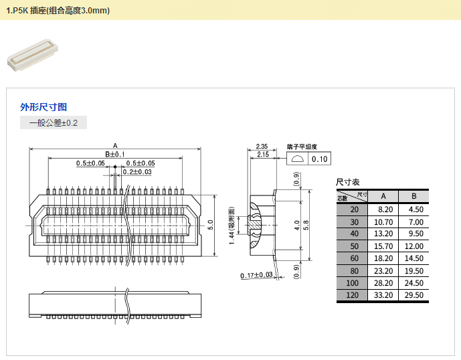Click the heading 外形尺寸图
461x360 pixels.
pyautogui.click(x=43, y=106)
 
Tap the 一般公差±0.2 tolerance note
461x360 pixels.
pyautogui.click(x=54, y=123)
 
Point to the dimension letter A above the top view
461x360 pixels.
pyautogui.click(x=115, y=145)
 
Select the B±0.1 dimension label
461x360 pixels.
pyautogui.click(x=115, y=155)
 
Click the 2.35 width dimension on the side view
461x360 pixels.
pyautogui.click(x=262, y=146)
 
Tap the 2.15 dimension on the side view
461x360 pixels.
pyautogui.click(x=262, y=155)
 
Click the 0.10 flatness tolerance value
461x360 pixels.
pyautogui.click(x=320, y=159)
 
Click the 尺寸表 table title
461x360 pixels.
pyautogui.click(x=348, y=182)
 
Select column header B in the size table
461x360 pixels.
pyautogui.click(x=414, y=196)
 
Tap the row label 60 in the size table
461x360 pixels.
pyautogui.click(x=354, y=258)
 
